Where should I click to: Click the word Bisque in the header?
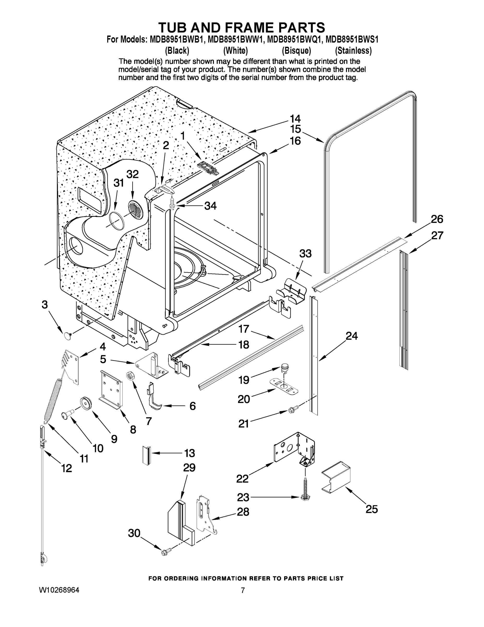[296, 51]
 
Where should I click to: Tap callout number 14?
[295, 119]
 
